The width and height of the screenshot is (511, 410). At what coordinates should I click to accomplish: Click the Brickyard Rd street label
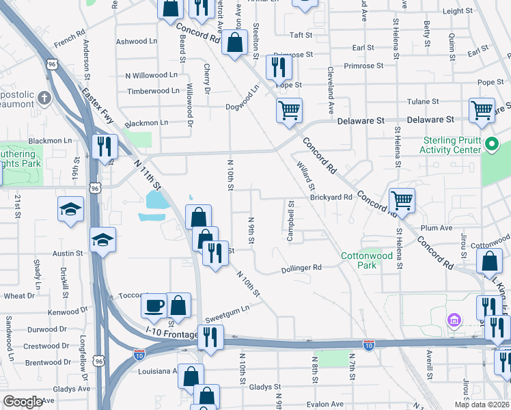(x=331, y=197)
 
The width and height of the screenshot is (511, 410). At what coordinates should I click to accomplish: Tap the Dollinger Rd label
(x=302, y=269)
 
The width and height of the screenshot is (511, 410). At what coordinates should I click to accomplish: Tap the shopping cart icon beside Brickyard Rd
(x=402, y=200)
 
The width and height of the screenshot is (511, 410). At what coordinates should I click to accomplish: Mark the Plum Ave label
(x=437, y=228)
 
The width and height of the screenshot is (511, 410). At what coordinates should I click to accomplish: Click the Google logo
(x=24, y=402)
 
